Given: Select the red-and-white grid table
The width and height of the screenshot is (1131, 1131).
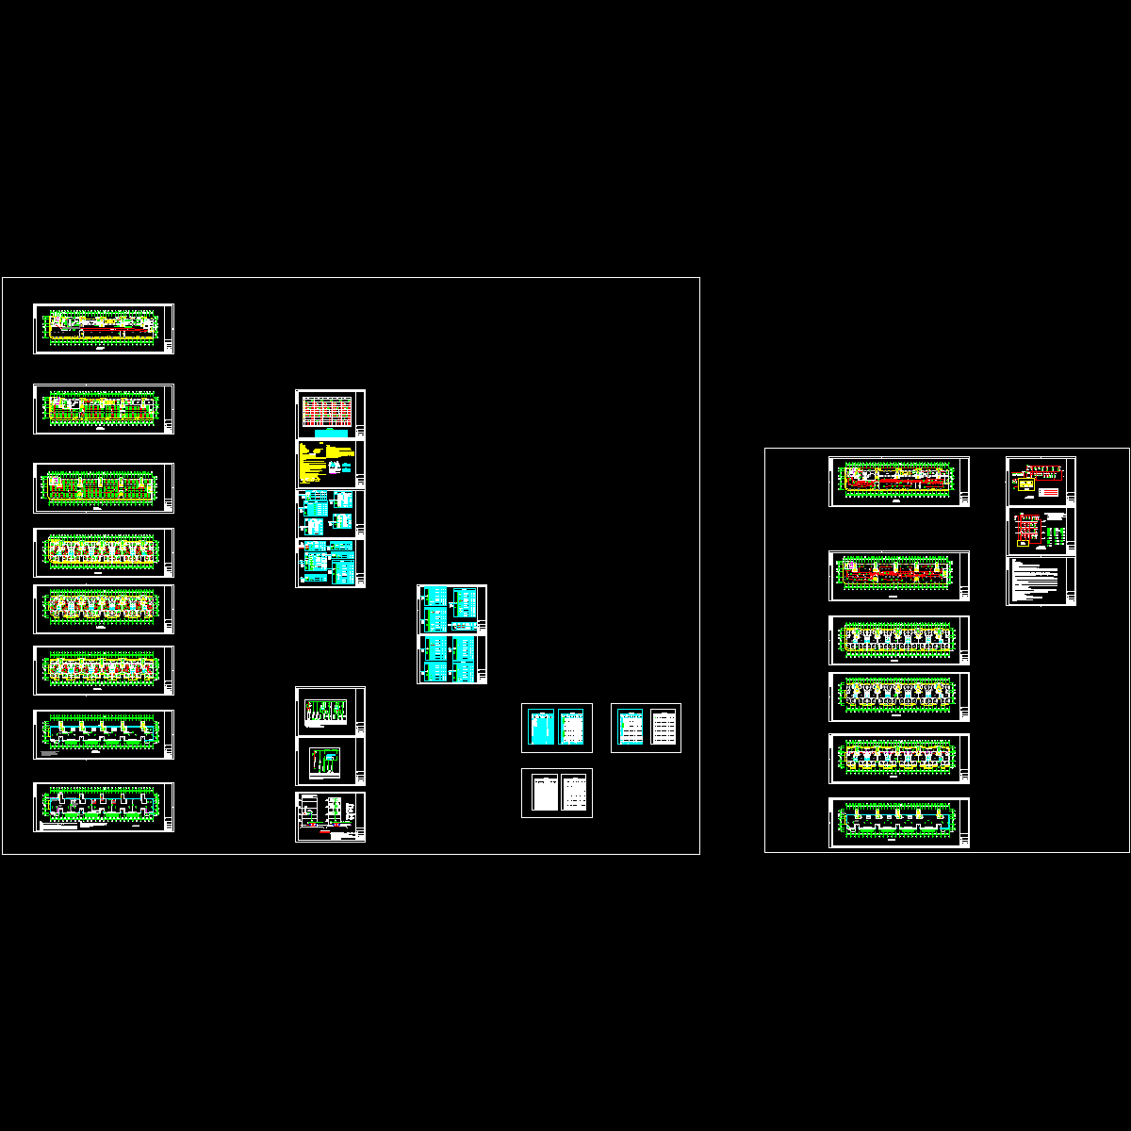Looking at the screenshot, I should [x=326, y=413].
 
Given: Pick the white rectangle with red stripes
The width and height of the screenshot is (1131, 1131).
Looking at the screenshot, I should [x=1047, y=492].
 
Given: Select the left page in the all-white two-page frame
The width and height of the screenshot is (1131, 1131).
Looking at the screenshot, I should [x=542, y=793].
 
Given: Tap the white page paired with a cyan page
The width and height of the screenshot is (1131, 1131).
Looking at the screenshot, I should [x=664, y=728].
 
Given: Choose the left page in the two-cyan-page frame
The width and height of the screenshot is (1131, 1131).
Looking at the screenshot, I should [x=541, y=728].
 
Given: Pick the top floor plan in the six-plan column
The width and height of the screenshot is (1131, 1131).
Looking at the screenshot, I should [x=897, y=481].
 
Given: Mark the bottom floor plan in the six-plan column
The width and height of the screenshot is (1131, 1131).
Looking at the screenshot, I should [x=897, y=822].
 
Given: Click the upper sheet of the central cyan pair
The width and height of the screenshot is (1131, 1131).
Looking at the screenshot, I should [x=451, y=609].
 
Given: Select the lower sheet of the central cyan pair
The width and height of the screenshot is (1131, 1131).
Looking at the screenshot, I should [x=451, y=659].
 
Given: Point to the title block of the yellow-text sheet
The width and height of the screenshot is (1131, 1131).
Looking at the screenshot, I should [x=361, y=463].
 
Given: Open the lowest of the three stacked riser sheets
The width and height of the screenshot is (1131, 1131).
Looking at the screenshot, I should [x=329, y=816].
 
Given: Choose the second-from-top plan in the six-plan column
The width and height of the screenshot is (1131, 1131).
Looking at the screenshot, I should [x=897, y=575].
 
